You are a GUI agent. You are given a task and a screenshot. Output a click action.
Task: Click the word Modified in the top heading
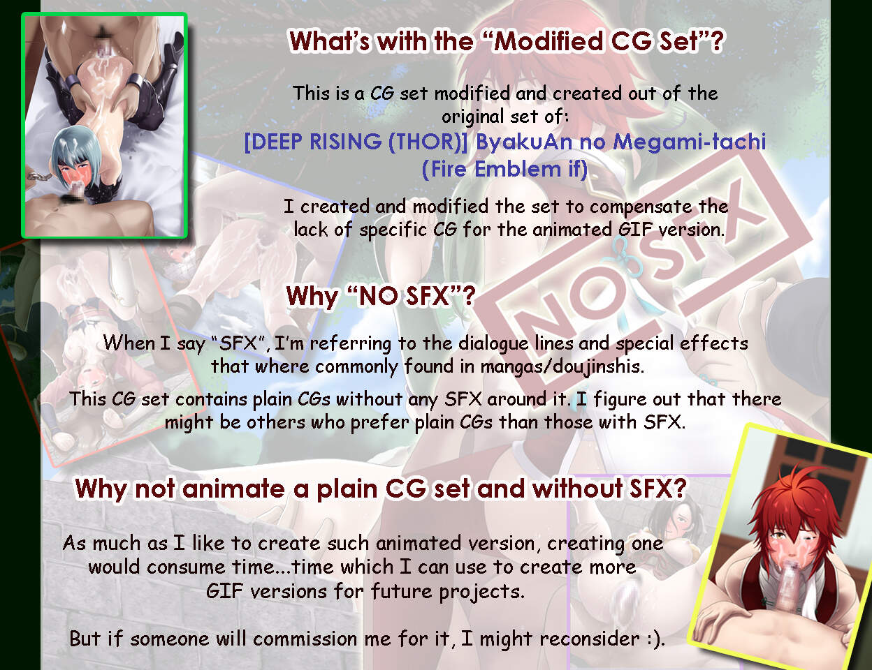pos(548,41)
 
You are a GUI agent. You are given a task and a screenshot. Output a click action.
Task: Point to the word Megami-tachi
pos(690,142)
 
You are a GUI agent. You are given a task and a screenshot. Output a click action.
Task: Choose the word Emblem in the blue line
pos(518,168)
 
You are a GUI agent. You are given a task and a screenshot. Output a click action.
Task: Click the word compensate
pos(641,207)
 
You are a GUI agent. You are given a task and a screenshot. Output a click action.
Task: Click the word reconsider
pos(590,639)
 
